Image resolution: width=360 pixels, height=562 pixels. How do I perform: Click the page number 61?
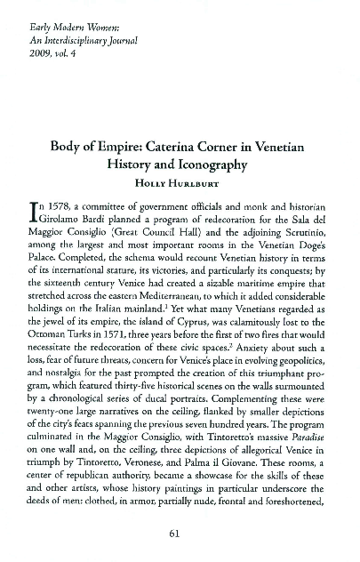pyautogui.click(x=180, y=534)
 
